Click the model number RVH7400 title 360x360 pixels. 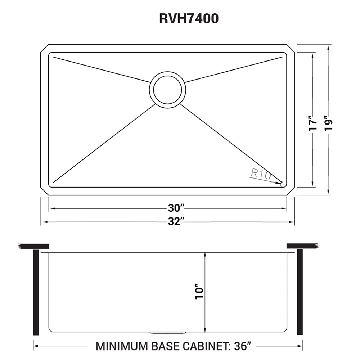pyautogui.click(x=189, y=19)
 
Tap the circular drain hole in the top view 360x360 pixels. pyautogui.click(x=168, y=90)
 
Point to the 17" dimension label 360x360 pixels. pyautogui.click(x=313, y=125)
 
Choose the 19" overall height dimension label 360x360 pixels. pyautogui.click(x=329, y=125)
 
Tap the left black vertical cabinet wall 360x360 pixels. pyautogui.click(x=36, y=292)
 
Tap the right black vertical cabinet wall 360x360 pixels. pyautogui.click(x=300, y=292)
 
